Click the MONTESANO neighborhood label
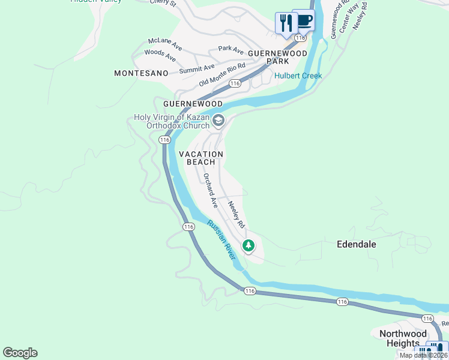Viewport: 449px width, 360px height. click(x=140, y=73)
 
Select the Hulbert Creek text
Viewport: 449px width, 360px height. click(x=298, y=76)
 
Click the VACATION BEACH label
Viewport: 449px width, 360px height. click(x=201, y=158)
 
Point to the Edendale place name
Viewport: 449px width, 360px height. click(x=356, y=244)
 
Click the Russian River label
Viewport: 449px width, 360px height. click(x=221, y=238)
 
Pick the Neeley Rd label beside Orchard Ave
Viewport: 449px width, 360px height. click(x=237, y=214)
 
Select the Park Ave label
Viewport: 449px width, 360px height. click(x=231, y=49)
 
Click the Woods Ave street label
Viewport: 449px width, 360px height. click(x=160, y=56)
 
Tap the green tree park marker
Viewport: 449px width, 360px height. click(x=249, y=245)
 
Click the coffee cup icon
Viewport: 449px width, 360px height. click(x=303, y=20)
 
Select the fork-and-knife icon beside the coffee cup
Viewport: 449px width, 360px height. click(x=286, y=23)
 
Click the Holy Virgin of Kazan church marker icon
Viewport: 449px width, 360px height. click(x=218, y=121)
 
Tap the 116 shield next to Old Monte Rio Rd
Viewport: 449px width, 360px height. click(x=235, y=83)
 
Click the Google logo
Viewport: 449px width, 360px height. click(x=20, y=353)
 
